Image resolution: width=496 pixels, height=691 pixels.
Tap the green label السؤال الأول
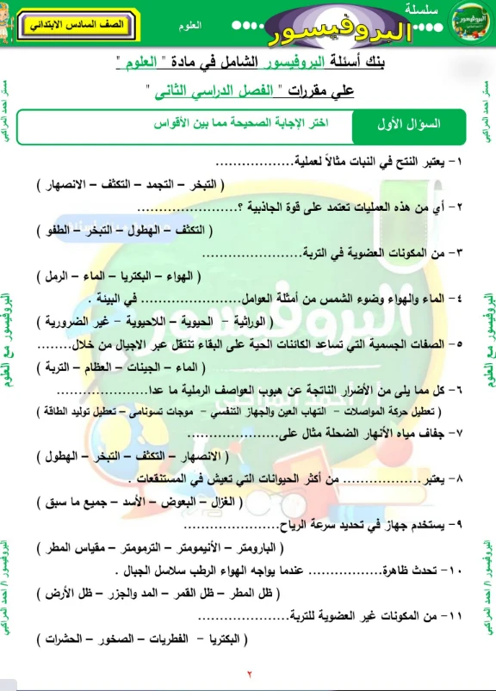(x=408, y=124)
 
